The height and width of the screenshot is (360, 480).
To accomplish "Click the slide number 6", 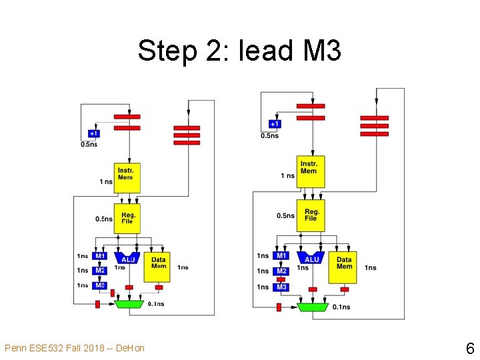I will coord(469,348).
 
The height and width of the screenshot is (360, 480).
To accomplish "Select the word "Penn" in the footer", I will coord(15,348).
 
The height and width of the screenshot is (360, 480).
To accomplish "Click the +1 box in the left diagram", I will coord(95,133).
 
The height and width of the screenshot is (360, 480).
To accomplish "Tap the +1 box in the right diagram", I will coord(275,124).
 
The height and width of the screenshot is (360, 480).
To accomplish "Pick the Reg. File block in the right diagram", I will coord(311,215).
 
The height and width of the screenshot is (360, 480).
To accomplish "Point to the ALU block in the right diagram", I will coord(311,259).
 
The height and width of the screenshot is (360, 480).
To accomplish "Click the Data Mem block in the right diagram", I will coord(344,266).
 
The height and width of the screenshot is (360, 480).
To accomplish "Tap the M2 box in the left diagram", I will coord(100,271).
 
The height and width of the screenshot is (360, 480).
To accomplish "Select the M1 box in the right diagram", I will coord(281,255).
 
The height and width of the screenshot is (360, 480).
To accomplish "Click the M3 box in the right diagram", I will coord(281,287).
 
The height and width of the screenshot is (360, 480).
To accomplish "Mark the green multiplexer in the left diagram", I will coord(129,304).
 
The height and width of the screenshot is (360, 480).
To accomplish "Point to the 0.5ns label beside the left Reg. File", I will coord(103,219).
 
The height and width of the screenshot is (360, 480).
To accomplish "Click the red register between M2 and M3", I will coord(281,279).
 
